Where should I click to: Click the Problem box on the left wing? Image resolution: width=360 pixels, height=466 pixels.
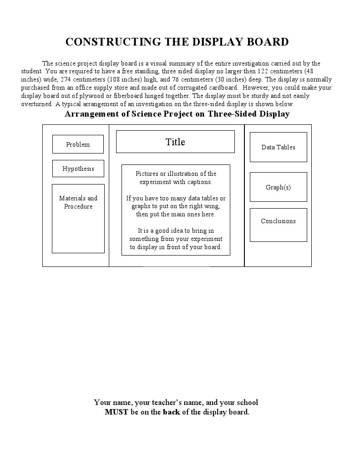tap(78, 144)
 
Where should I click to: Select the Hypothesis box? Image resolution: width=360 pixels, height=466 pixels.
tap(78, 169)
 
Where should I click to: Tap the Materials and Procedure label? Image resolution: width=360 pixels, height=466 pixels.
tap(78, 202)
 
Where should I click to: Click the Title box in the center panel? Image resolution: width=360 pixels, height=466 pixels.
tap(175, 142)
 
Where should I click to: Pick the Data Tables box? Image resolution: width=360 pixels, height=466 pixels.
tap(278, 147)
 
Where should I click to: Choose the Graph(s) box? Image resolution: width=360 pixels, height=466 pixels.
tap(278, 187)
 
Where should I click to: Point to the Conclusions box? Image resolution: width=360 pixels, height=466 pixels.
tap(278, 221)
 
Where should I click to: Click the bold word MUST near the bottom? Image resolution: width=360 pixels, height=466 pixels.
tap(117, 412)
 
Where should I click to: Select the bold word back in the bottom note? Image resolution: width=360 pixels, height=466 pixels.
tap(172, 412)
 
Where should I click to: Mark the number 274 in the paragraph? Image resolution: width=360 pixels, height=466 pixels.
tap(67, 80)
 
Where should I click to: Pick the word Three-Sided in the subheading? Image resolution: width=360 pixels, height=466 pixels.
tap(232, 114)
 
